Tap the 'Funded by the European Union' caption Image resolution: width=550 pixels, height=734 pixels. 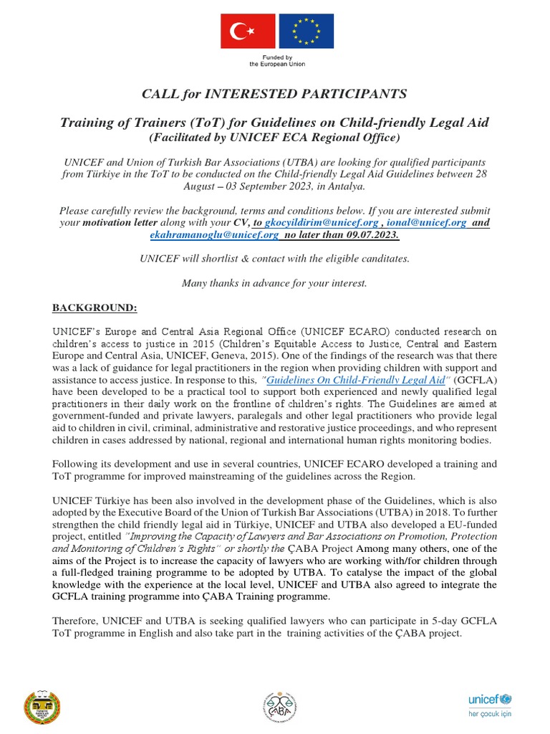tap(277, 60)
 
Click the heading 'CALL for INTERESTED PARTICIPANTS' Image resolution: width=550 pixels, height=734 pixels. tap(274, 94)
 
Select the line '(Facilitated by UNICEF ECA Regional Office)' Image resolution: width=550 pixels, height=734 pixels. tap(274, 137)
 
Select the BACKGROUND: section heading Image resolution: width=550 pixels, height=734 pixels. tap(94, 308)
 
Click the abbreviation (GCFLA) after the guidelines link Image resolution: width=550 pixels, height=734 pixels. tap(476, 380)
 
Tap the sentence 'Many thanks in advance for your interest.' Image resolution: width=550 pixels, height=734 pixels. tap(274, 283)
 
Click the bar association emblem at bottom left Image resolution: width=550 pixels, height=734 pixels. tap(42, 706)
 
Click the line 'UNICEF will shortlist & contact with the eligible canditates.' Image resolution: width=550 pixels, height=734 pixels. tap(274, 259)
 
